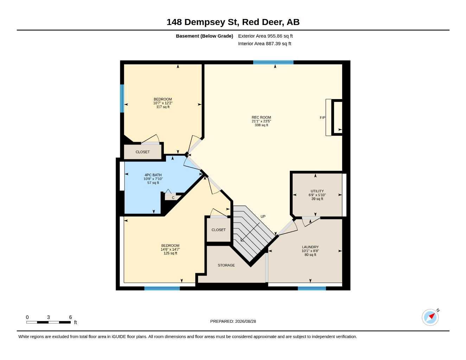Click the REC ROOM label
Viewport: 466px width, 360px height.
261,117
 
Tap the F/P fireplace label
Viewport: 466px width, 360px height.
322,118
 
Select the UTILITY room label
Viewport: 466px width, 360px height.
317,191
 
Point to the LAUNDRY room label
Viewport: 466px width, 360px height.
310,247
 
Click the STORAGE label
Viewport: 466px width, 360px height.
226,265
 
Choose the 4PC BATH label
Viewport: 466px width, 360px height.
153,175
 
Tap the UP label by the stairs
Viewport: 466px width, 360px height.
263,217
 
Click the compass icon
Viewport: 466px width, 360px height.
430,317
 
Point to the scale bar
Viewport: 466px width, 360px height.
49,322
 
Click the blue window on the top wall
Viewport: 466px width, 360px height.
273,62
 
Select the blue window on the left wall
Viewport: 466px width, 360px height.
122,98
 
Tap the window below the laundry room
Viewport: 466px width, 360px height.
312,288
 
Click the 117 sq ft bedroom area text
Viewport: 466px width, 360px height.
163,107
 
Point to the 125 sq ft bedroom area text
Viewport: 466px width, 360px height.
170,253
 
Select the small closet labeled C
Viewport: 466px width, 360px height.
173,198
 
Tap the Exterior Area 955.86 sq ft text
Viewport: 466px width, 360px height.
265,36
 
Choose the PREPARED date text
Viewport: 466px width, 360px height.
233,321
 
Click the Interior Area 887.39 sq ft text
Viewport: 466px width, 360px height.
264,44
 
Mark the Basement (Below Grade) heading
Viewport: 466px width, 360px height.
204,36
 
